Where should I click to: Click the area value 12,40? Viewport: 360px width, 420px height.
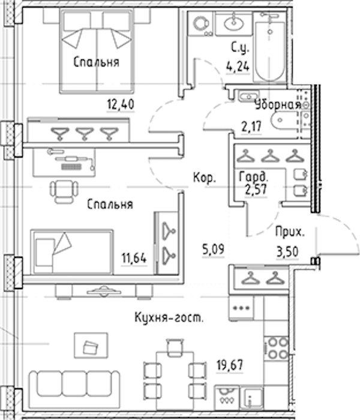coord(121,104)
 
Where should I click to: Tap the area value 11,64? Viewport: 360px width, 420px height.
coord(134,258)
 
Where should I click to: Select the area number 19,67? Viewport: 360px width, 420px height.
coord(230,365)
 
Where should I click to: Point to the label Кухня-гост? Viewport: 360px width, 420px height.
coord(169,317)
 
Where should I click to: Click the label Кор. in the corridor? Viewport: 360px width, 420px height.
coord(205,178)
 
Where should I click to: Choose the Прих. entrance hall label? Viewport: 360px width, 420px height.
coord(290,232)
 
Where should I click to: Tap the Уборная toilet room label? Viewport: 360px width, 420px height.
coord(278,105)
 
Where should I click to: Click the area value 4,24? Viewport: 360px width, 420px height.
coord(238,66)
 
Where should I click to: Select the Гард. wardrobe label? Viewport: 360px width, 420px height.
coord(253,177)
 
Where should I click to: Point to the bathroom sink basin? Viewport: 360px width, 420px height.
coord(235,23)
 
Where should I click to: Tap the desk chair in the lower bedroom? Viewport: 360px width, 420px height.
coord(64,191)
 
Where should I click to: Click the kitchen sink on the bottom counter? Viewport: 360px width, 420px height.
coord(252,398)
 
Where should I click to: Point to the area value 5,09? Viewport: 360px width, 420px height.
coord(213,249)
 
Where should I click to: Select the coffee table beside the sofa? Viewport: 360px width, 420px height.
coord(91,346)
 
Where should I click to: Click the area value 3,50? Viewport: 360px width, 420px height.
coord(287,252)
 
